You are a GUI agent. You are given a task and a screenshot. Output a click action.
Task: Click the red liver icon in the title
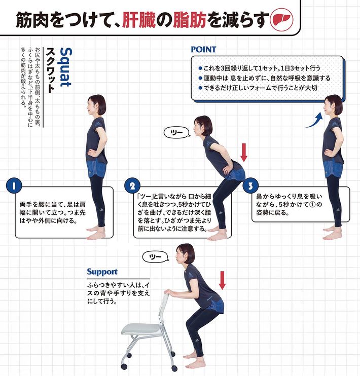(281, 20)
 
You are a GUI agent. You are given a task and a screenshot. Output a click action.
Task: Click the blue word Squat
(65, 67)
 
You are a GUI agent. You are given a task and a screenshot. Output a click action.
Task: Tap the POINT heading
(203, 49)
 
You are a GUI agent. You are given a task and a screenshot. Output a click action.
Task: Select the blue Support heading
(102, 272)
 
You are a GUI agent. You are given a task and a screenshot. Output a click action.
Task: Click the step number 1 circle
(14, 186)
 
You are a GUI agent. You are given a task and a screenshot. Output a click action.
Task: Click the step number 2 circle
(132, 186)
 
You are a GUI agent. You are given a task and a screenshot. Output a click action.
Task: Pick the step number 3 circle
(250, 186)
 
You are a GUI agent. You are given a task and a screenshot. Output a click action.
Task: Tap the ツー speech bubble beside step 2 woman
(176, 133)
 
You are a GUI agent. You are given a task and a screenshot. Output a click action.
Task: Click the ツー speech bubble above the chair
(155, 257)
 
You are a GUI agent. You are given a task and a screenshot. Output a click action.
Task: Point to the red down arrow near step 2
(243, 153)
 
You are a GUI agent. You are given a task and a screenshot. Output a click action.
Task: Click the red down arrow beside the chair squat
(222, 280)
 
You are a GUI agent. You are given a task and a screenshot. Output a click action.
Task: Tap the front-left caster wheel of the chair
(124, 366)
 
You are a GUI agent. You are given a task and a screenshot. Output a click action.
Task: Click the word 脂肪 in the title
(190, 20)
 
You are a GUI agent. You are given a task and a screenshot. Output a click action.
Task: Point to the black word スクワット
(50, 70)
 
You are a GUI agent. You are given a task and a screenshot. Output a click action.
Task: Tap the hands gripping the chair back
(171, 292)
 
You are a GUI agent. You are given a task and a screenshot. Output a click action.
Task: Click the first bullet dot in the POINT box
(200, 68)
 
